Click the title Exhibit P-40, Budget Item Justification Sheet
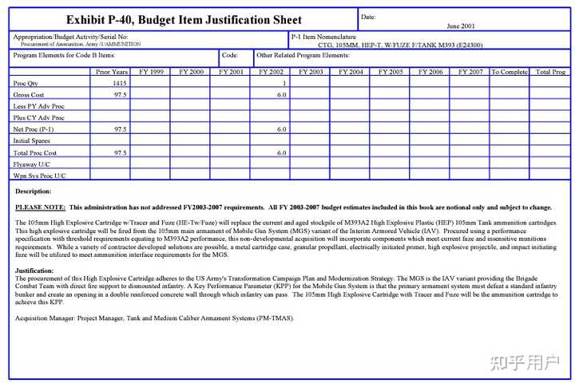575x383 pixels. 184,19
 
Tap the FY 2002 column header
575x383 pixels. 270,72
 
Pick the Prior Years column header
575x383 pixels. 110,72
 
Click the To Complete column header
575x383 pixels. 509,72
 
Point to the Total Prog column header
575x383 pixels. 550,72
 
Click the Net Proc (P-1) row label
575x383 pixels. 34,128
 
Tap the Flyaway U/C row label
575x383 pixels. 31,163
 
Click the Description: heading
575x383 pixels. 34,191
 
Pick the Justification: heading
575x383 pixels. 35,270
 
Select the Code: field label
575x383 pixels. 230,55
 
